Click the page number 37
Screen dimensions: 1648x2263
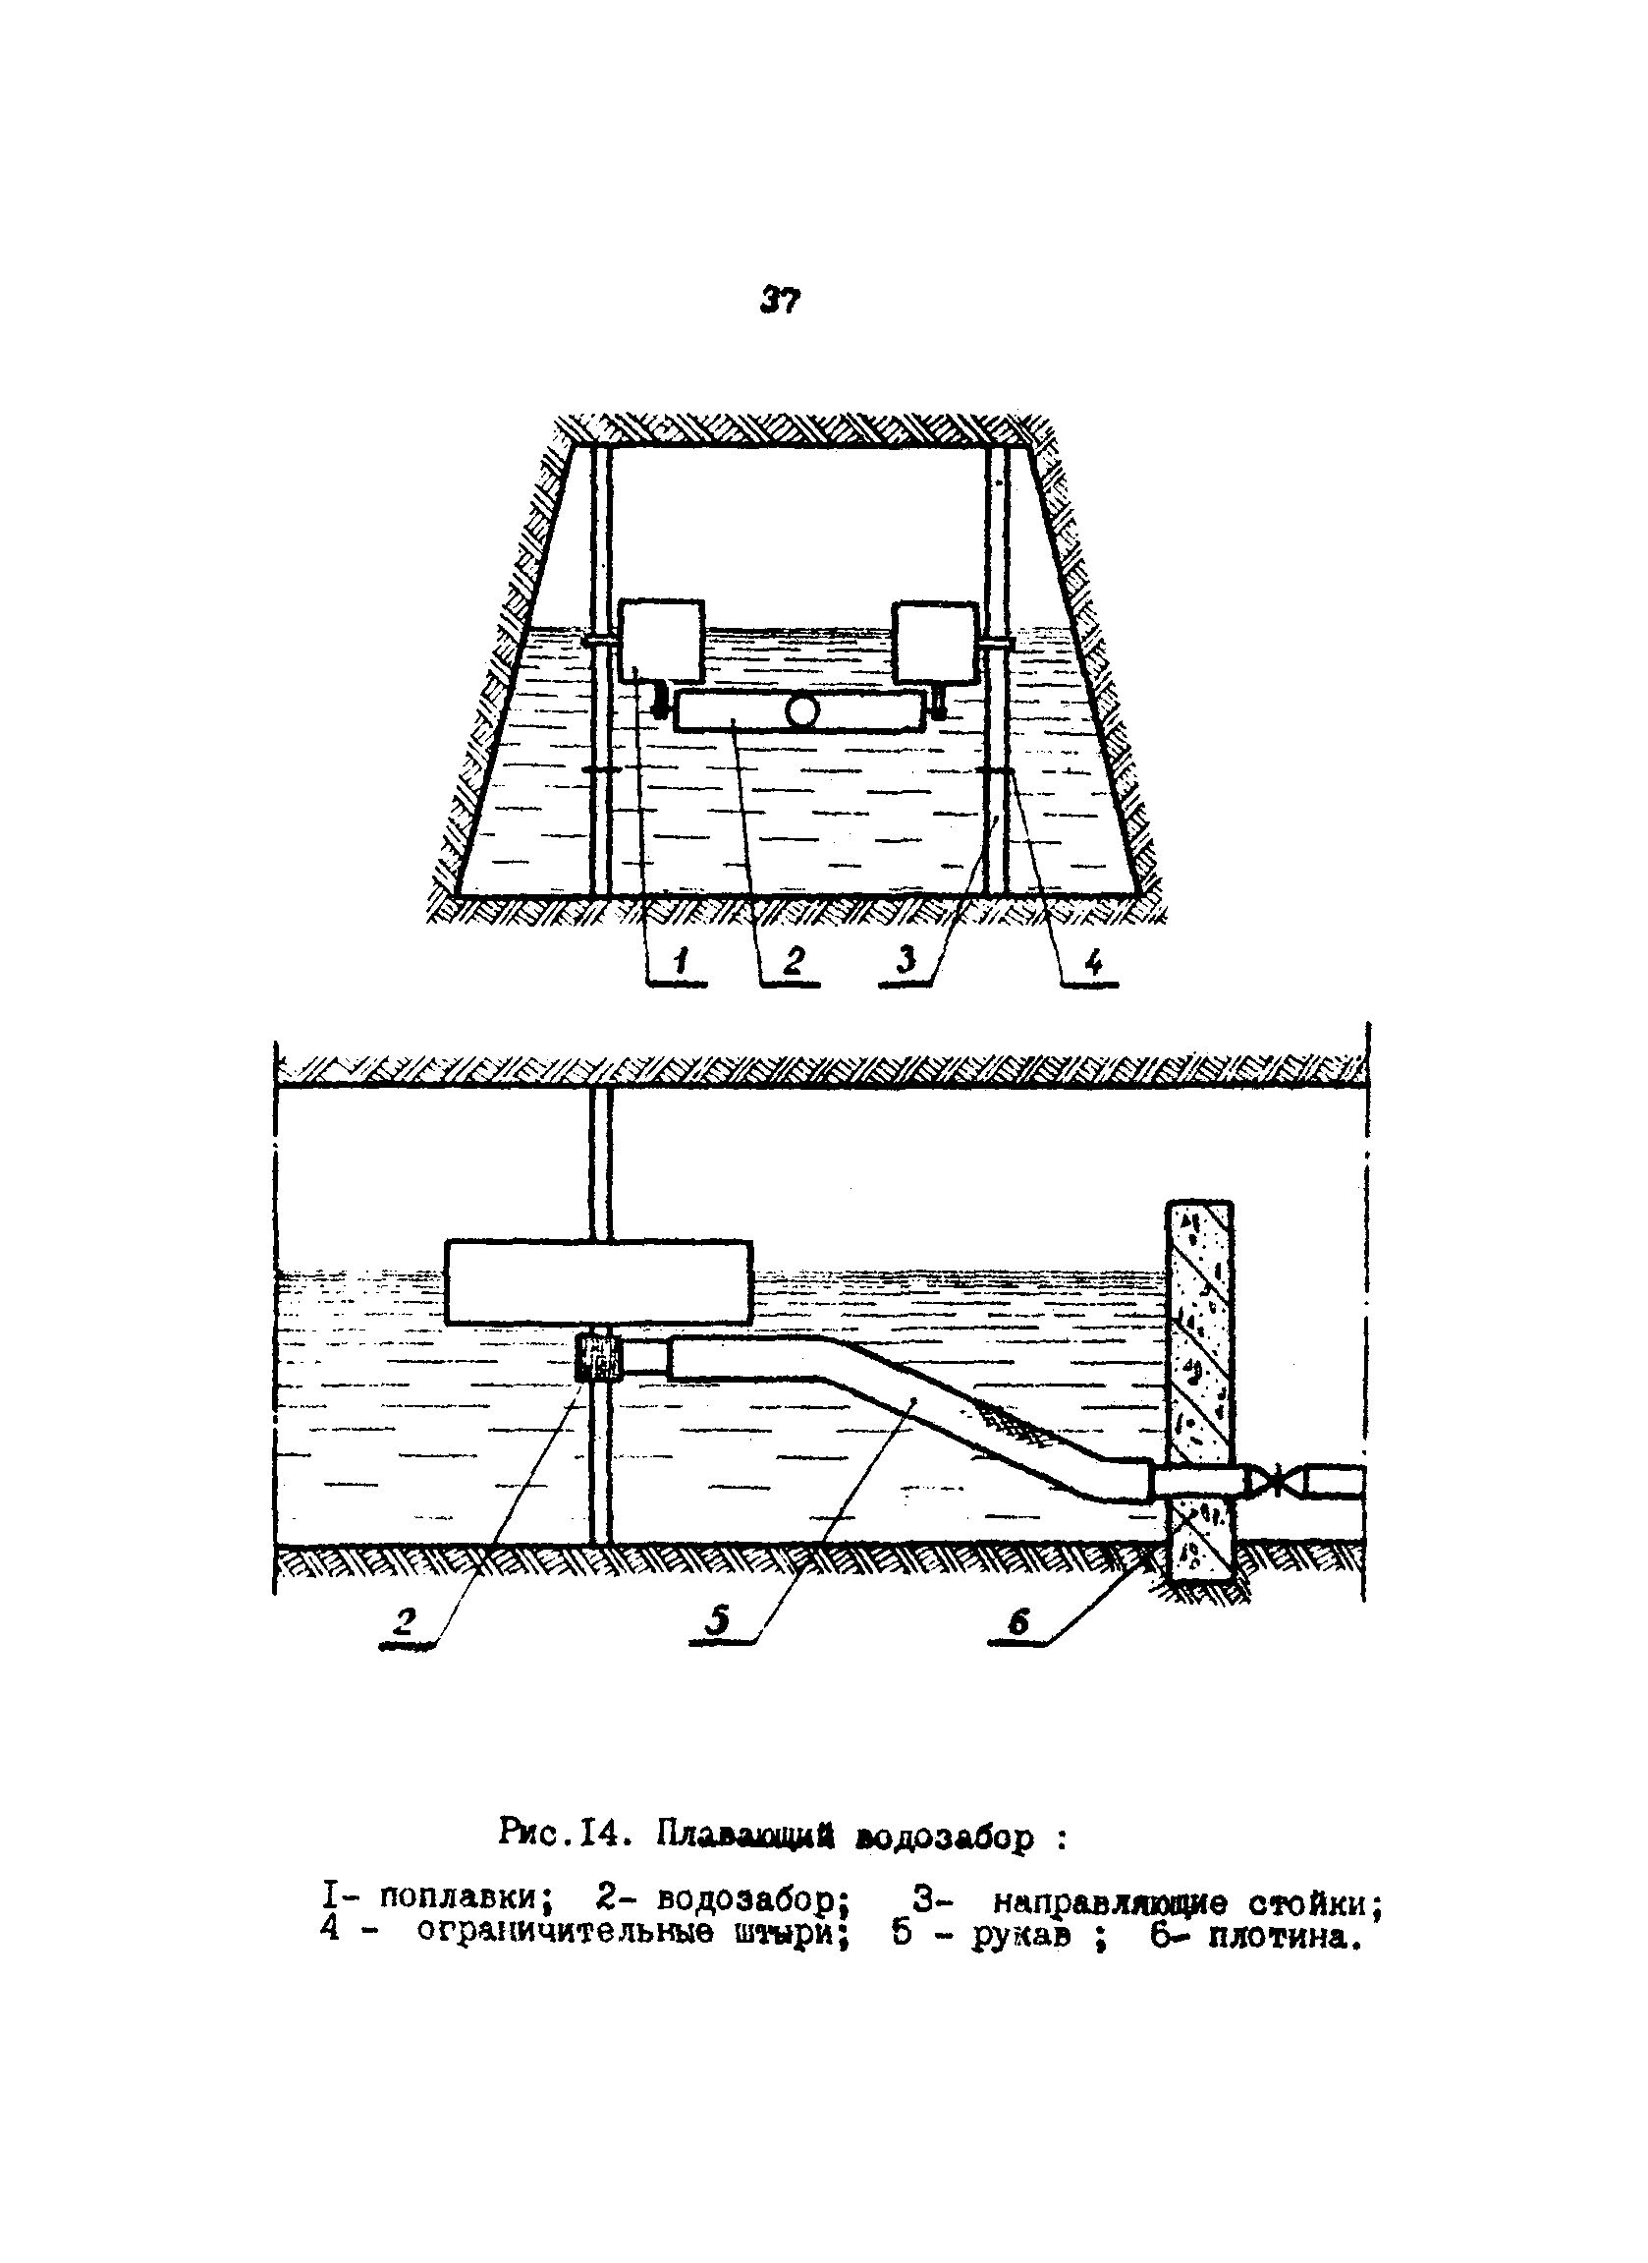point(780,300)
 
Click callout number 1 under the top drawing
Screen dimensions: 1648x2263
point(681,961)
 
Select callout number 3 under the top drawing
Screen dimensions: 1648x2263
point(906,961)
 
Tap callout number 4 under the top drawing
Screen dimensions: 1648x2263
point(1093,962)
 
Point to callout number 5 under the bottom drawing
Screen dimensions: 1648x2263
point(718,1621)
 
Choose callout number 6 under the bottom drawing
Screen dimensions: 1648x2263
point(1017,1623)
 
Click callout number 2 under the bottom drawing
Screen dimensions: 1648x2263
point(405,1621)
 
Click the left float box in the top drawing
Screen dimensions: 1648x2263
point(661,640)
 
